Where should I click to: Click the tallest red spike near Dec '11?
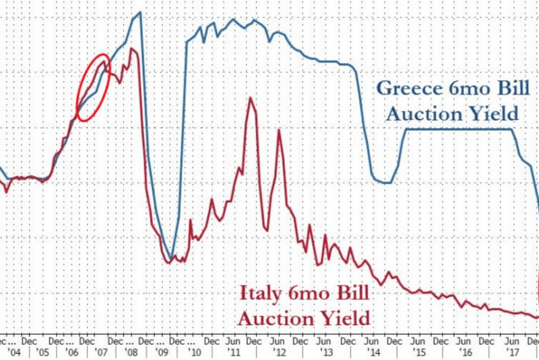point(251,98)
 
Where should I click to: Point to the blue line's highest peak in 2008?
point(139,12)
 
